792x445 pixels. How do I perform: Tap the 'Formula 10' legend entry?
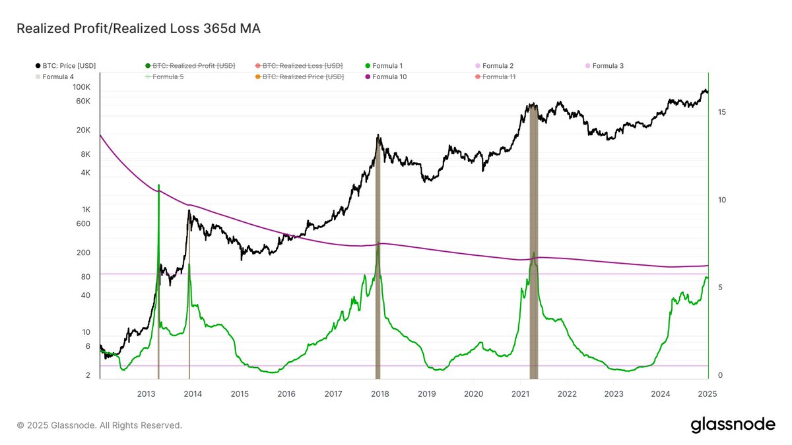389,77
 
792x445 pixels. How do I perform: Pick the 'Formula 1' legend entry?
387,66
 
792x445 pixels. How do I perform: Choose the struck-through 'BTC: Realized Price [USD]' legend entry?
303,77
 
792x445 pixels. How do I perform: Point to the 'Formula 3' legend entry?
607,66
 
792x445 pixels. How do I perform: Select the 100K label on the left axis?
81,87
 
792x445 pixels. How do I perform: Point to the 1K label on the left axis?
86,210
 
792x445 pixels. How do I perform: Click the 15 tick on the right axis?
722,113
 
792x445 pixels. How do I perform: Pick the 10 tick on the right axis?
722,200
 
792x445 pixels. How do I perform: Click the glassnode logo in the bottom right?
733,425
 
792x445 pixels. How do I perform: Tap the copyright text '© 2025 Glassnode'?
99,426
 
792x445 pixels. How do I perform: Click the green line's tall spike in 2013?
158,188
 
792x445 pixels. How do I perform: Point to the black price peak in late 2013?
189,211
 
